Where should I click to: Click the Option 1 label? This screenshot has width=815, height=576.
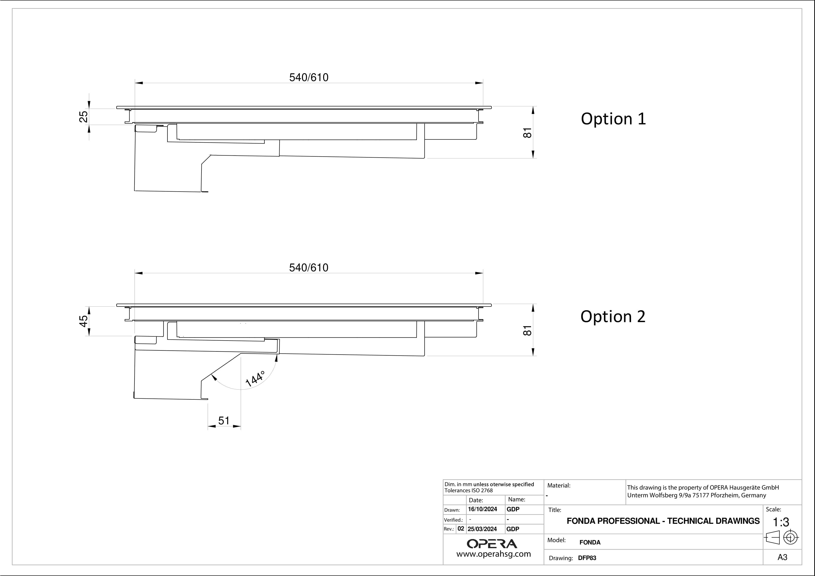coord(613,119)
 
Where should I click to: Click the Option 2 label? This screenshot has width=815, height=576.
coord(613,317)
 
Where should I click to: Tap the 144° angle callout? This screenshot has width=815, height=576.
coord(255,379)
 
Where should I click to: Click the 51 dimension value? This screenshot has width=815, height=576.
coord(224,421)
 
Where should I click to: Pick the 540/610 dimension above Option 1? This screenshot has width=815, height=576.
coord(309,77)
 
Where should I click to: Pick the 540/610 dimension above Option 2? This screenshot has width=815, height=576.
coord(309,268)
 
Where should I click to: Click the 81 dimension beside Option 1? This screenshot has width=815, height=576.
coord(528,133)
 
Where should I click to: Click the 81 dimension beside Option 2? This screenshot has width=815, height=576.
coord(528,330)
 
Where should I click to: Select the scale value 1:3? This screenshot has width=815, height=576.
coord(781,522)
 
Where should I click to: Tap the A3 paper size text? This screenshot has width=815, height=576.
coord(782,557)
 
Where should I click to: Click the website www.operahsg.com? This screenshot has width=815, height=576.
coord(493,554)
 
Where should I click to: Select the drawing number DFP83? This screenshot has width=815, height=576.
coord(587,558)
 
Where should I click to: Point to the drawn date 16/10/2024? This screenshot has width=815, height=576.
coord(482,509)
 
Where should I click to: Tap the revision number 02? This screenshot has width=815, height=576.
coord(461,528)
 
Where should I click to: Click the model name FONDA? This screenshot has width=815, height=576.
coord(590,542)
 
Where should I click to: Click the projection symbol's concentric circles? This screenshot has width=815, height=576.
coord(790,537)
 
